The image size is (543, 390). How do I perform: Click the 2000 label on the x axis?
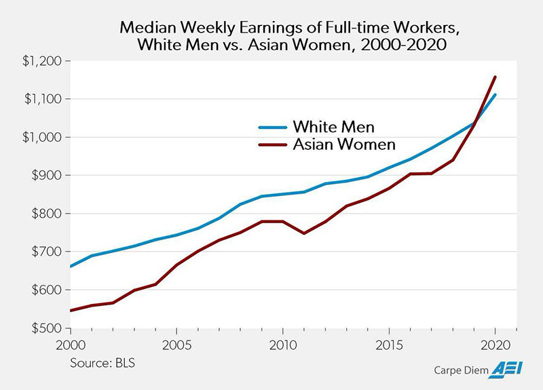(70, 345)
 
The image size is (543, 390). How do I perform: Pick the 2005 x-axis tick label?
(176, 345)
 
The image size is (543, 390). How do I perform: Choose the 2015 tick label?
(388, 345)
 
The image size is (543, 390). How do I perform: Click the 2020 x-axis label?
(494, 345)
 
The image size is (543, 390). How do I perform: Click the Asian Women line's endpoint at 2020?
(495, 77)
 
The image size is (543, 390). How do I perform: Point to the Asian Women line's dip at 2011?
(303, 233)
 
